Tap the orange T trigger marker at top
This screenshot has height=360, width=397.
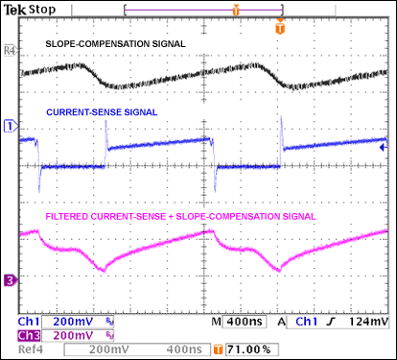click(280, 28)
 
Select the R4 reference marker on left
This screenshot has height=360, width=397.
click(10, 46)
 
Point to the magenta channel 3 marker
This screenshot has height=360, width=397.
click(10, 280)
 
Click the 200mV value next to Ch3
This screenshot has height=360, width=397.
click(74, 335)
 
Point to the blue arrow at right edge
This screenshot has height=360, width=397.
click(383, 149)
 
